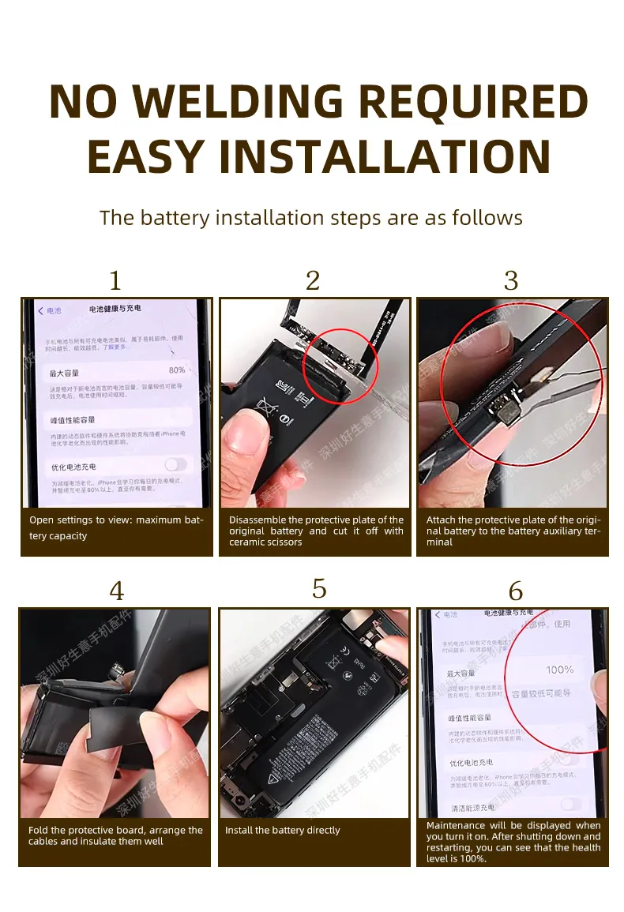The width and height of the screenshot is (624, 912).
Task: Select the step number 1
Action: click(115, 281)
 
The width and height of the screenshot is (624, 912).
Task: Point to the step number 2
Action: click(313, 281)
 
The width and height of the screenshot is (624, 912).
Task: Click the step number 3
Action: click(511, 281)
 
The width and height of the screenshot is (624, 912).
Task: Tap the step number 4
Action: click(116, 591)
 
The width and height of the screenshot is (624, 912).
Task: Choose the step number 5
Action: click(319, 589)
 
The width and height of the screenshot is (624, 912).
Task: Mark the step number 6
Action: click(515, 591)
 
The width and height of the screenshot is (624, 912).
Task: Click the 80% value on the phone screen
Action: click(176, 370)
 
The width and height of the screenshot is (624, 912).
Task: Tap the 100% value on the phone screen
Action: click(559, 670)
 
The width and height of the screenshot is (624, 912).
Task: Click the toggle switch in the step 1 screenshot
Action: click(175, 464)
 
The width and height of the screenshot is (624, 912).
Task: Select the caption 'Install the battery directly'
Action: click(282, 830)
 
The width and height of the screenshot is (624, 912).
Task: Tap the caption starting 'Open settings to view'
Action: click(116, 527)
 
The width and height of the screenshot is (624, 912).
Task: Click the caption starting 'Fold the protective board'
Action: click(115, 835)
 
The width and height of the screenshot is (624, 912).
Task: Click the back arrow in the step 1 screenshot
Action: click(41, 312)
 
